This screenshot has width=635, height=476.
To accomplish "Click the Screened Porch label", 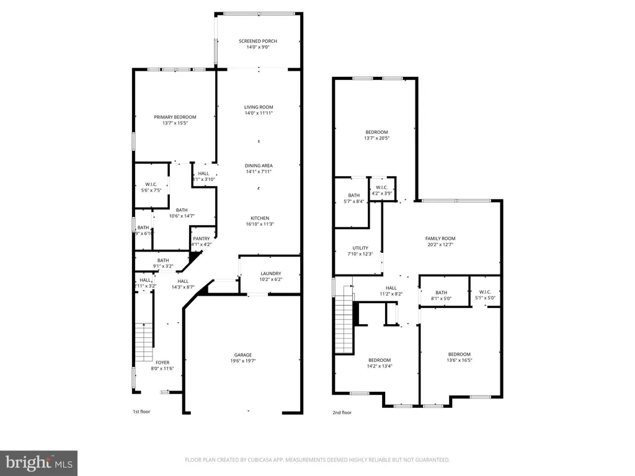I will [258, 41].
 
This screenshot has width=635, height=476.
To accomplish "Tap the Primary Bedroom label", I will [175, 117].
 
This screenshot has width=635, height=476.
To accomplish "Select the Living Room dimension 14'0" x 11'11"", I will [259, 113].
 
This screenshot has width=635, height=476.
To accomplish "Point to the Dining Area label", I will [259, 165].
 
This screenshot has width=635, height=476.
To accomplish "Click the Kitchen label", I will [259, 218].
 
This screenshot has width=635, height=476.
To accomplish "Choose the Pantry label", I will [202, 239].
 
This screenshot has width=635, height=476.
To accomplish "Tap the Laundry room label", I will [270, 273].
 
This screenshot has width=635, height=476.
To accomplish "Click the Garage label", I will [242, 355].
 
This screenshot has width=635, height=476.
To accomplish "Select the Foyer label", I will [162, 363].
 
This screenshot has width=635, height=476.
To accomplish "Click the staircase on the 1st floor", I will [144, 342].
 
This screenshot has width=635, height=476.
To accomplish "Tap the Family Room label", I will [440, 239].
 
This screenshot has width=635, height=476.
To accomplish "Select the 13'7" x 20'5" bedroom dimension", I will [376, 138].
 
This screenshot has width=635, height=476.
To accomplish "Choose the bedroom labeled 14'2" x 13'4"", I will [380, 363].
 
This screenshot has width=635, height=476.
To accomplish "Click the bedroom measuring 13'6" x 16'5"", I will [460, 357].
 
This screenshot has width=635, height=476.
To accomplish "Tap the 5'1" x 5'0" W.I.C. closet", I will [485, 295].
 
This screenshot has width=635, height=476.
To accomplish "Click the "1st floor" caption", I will [141, 412].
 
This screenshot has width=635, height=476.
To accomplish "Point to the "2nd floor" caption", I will [342, 412].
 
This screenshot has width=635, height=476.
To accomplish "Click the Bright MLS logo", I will [38, 462].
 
